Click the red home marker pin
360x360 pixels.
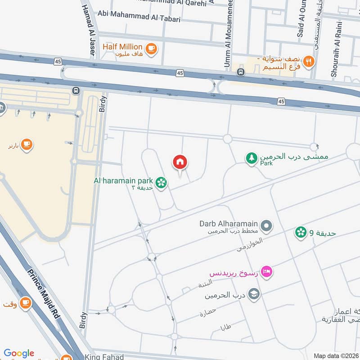(180, 162)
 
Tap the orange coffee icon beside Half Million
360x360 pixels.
(151, 48)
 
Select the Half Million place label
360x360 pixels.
(122, 47)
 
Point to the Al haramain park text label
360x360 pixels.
(123, 180)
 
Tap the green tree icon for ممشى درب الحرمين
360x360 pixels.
(251, 158)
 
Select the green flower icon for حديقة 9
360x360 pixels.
(301, 232)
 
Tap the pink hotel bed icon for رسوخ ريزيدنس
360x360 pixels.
(267, 272)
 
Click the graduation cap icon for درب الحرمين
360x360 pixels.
(254, 294)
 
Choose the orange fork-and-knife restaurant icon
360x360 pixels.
(308, 62)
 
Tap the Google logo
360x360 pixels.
(19, 353)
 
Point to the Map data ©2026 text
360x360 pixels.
(335, 356)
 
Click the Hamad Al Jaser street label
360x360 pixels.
(88, 29)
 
